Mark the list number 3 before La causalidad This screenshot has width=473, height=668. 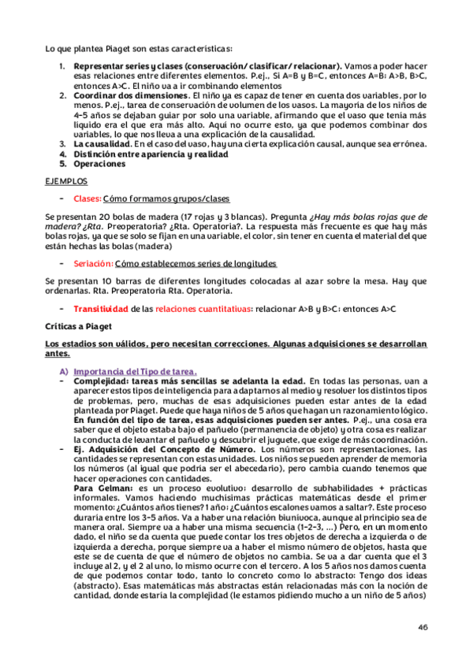click(62, 143)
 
